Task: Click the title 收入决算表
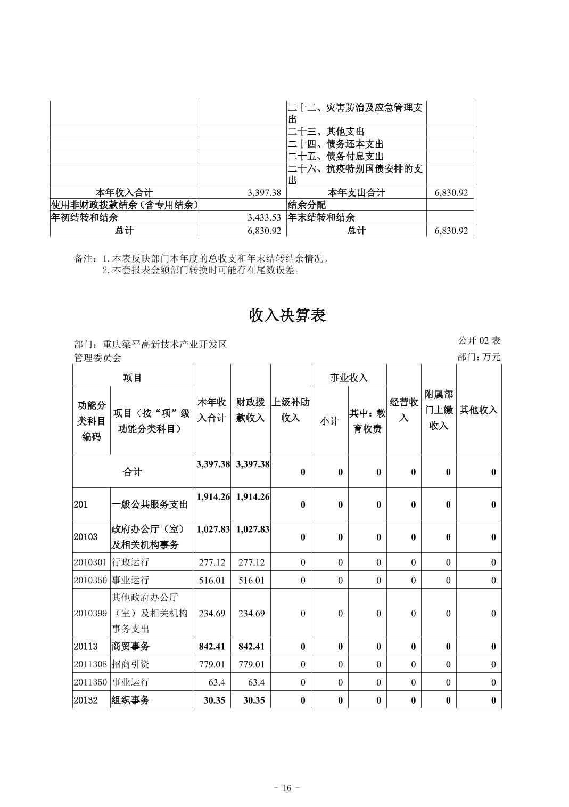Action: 287,315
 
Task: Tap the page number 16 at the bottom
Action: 287,788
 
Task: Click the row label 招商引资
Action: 130,664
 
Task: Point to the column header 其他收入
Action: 479,410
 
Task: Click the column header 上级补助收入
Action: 291,410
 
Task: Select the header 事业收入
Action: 349,378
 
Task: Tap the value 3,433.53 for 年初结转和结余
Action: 264,217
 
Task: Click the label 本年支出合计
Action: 357,192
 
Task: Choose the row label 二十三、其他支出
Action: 326,131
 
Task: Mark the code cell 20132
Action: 86,700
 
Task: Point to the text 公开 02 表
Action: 479,340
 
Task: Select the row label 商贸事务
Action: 130,646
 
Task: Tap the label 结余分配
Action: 307,205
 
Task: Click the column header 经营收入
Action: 403,410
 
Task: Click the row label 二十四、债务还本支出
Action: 336,144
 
